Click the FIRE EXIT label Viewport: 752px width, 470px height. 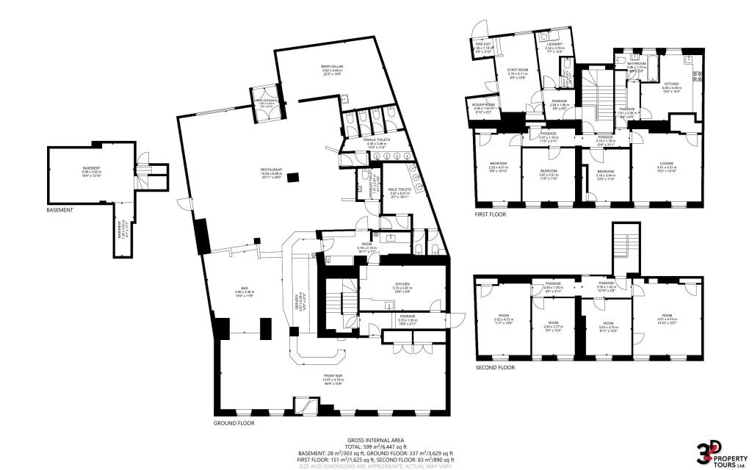pyautogui.click(x=483, y=47)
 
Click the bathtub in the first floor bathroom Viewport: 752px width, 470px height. pyautogui.click(x=651, y=56)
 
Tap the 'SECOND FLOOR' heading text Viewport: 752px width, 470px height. pyautogui.click(x=494, y=367)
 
